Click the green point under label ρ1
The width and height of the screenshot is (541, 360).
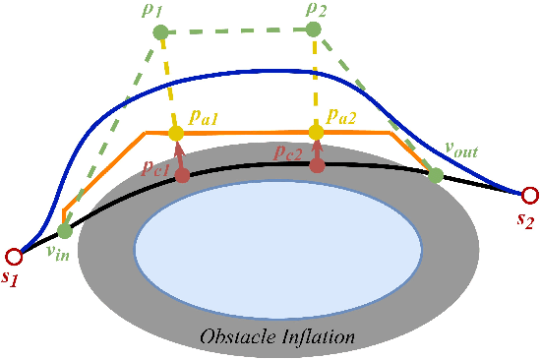tap(160, 33)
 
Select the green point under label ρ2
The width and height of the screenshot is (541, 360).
tap(313, 30)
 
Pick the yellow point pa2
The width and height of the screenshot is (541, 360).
tap(316, 132)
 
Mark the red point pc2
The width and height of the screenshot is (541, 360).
tap(317, 165)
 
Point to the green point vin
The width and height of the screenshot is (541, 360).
tap(65, 232)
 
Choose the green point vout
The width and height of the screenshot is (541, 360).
tap(435, 175)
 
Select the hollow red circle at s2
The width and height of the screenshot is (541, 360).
tap(529, 194)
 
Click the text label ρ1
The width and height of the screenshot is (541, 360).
tap(155, 12)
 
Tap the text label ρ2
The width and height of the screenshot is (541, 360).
tap(316, 10)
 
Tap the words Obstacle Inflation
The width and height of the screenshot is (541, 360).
tap(276, 337)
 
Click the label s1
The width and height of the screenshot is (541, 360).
tap(12, 278)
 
